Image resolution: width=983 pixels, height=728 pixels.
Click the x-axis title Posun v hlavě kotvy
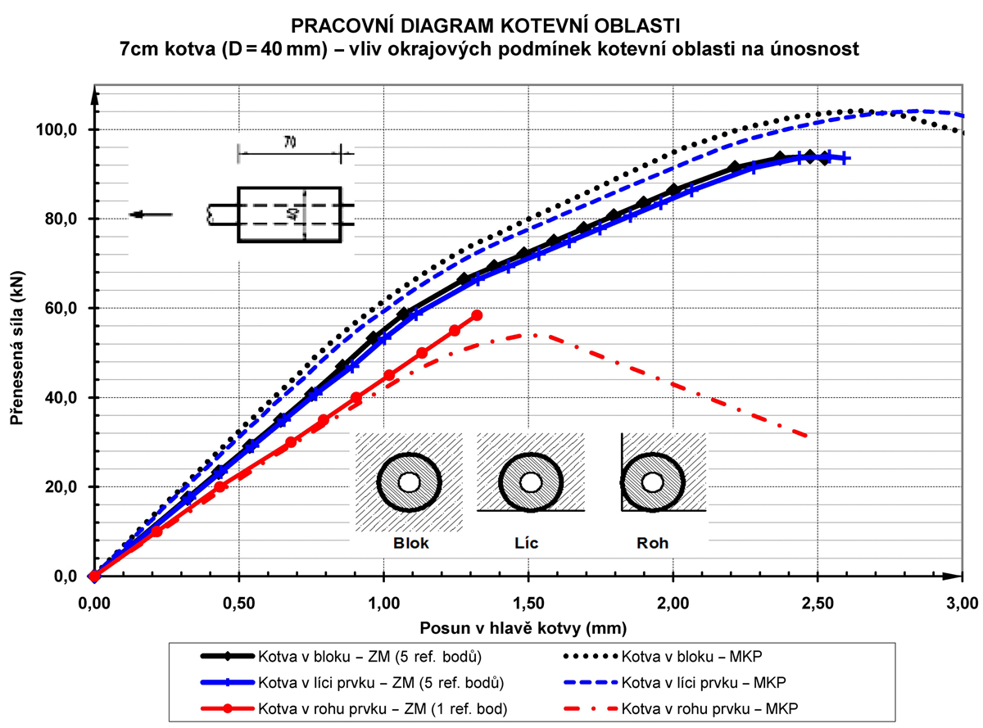point(523,629)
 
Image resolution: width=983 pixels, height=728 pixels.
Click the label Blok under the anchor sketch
point(410,543)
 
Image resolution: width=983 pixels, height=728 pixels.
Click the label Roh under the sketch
point(653,543)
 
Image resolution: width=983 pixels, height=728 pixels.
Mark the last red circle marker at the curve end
point(478,315)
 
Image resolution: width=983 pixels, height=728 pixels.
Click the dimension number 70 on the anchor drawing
point(290,142)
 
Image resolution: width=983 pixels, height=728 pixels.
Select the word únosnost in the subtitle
point(811,49)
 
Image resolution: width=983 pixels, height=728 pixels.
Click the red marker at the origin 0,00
point(94,576)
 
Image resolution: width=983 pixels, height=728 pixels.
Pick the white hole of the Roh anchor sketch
point(652,482)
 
